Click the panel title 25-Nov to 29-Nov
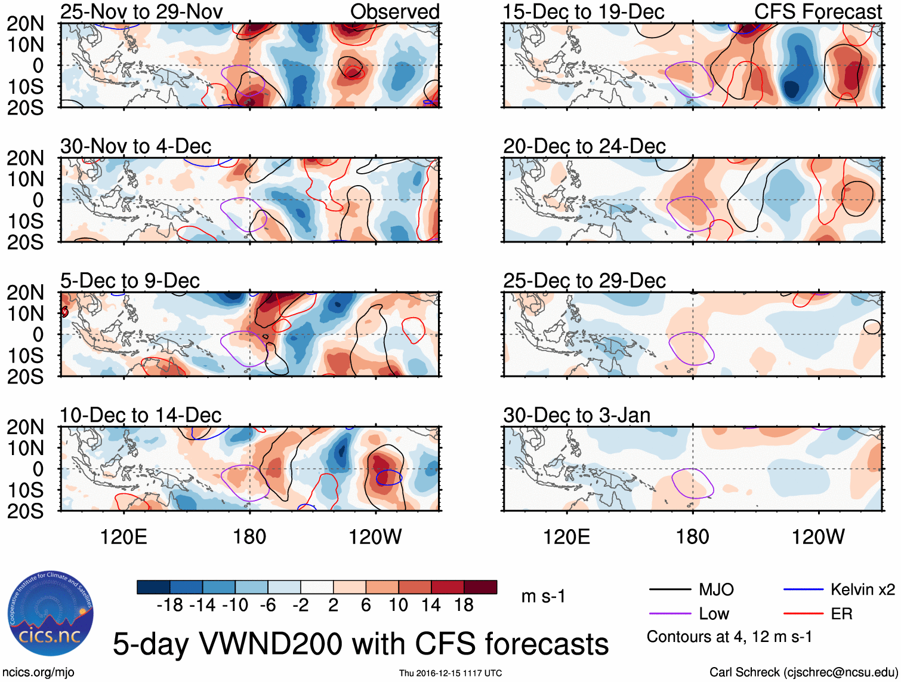click(x=141, y=11)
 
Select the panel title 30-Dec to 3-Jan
click(x=576, y=415)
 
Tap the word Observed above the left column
click(x=394, y=11)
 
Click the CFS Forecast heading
click(x=817, y=11)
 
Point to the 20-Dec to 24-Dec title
click(x=584, y=146)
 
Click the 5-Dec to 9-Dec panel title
click(x=130, y=281)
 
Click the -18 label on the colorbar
click(x=169, y=606)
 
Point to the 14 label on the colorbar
click(x=431, y=606)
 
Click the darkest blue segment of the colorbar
click(x=153, y=587)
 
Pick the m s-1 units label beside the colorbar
click(x=543, y=596)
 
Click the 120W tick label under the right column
click(x=817, y=537)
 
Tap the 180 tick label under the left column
click(x=249, y=537)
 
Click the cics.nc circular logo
click(x=51, y=614)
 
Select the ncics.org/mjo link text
click(x=38, y=672)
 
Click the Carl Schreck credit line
click(x=803, y=672)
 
